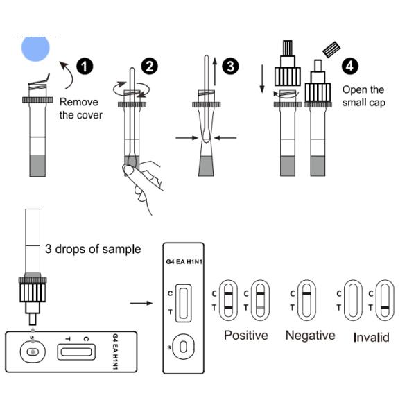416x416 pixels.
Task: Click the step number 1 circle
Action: (85, 67)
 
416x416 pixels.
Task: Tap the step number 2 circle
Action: (149, 67)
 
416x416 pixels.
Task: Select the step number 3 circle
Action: (231, 67)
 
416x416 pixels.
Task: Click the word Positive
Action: (245, 336)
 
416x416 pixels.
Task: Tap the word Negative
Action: (310, 336)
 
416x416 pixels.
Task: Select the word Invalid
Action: (371, 338)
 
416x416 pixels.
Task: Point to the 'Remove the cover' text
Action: (80, 108)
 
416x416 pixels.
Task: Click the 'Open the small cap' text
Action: (363, 96)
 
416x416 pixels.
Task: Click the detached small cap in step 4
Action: (331, 50)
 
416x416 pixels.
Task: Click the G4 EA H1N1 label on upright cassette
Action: (183, 262)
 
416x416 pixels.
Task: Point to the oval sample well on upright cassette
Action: (183, 345)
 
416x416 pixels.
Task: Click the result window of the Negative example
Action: (304, 299)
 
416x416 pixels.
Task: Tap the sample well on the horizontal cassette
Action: (31, 352)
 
